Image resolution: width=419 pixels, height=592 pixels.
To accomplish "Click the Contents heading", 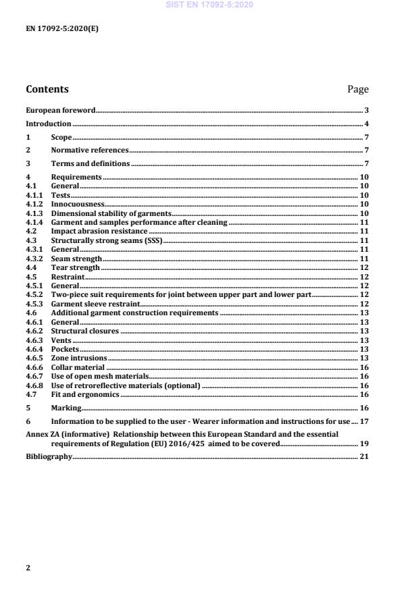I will [x=47, y=89].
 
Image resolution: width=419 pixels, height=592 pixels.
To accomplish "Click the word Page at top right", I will [x=358, y=89].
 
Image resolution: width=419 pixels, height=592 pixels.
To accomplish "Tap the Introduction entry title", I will [x=48, y=124].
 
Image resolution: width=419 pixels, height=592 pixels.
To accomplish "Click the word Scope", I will [x=61, y=138].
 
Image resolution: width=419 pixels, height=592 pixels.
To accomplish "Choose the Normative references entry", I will [x=89, y=151].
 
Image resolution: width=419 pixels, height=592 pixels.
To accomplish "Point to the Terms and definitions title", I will [x=91, y=164].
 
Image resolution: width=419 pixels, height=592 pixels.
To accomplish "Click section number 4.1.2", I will [x=34, y=204].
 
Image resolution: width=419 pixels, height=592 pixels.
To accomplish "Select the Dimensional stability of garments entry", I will [x=111, y=213].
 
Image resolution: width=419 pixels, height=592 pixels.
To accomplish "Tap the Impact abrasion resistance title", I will [x=99, y=232].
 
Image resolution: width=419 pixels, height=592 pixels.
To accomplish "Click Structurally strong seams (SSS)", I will [x=107, y=240].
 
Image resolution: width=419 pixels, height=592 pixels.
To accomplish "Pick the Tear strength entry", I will [x=76, y=268].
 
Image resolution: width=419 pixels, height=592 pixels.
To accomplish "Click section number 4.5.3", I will [x=34, y=304].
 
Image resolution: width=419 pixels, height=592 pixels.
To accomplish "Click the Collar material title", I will [x=78, y=367].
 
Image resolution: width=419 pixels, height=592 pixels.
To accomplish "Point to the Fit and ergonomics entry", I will [x=85, y=394].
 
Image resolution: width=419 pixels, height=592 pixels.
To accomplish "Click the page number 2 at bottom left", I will [x=28, y=568].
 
